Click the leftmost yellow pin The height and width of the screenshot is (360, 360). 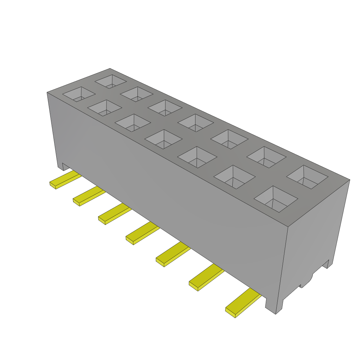pyautogui.click(x=65, y=180)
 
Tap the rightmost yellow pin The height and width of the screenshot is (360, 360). pyautogui.click(x=243, y=303)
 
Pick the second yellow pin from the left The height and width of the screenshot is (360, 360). pyautogui.click(x=88, y=197)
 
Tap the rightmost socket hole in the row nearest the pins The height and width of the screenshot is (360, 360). pyautogui.click(x=276, y=199)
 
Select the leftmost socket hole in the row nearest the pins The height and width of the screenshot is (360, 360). pyautogui.click(x=79, y=94)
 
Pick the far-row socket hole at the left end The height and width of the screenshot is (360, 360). pyautogui.click(x=110, y=81)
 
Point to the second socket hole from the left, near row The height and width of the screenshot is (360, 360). pyautogui.click(x=104, y=108)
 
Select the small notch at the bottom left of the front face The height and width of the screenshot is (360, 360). pyautogui.click(x=60, y=166)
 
